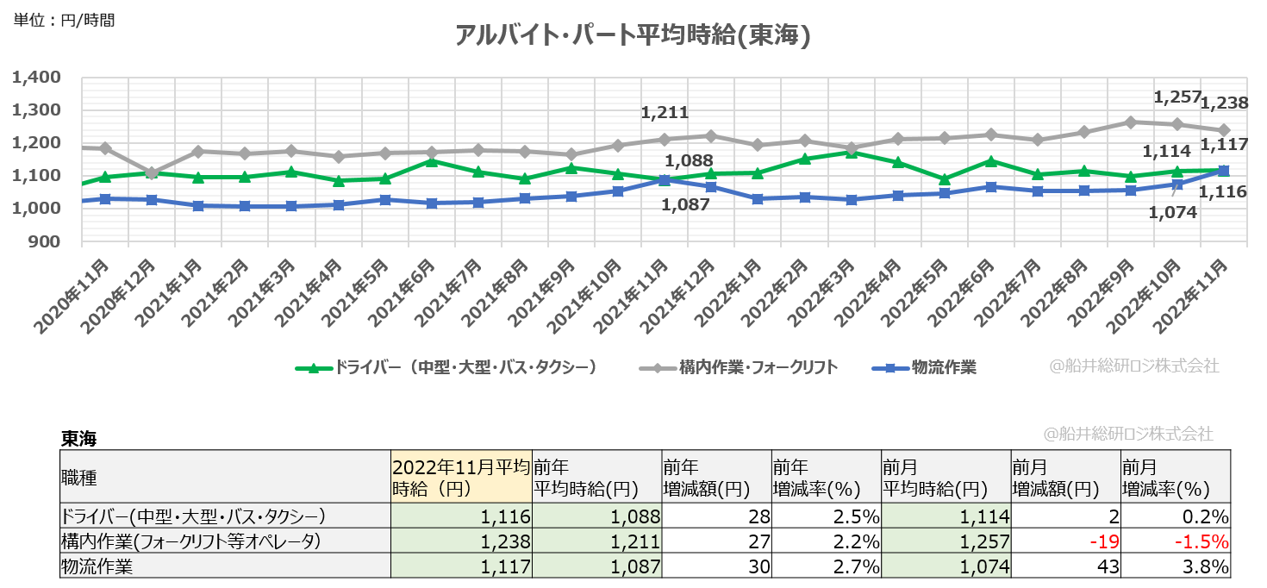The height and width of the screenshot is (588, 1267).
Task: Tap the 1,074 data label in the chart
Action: pyautogui.click(x=1174, y=212)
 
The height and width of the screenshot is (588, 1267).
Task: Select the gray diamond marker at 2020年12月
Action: pyautogui.click(x=153, y=173)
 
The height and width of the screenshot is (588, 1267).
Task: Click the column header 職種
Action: pyautogui.click(x=79, y=477)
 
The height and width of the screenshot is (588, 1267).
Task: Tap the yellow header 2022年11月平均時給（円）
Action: pyautogui.click(x=460, y=477)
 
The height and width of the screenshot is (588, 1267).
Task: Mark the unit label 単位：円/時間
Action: pyautogui.click(x=65, y=19)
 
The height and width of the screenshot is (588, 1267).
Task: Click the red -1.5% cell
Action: pyautogui.click(x=1203, y=541)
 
